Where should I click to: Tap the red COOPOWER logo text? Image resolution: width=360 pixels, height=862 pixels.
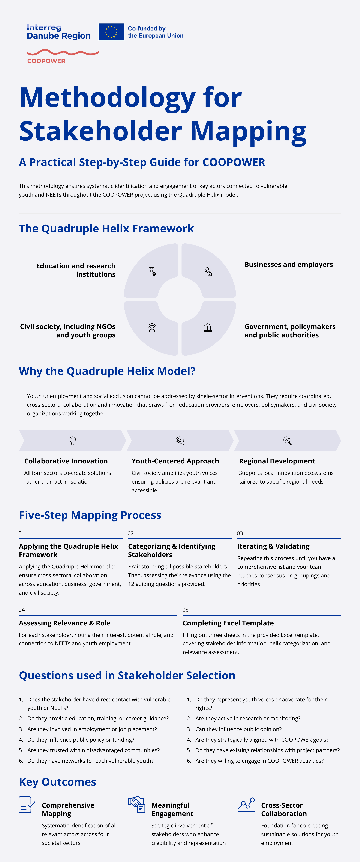click(46, 61)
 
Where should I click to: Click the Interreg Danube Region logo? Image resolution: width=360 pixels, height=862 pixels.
click(58, 32)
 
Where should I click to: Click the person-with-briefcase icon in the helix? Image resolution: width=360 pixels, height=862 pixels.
click(208, 271)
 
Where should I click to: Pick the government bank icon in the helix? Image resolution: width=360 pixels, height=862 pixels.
click(208, 327)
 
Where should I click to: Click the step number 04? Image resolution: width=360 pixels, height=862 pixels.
click(22, 610)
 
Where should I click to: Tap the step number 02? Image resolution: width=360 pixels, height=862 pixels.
click(131, 533)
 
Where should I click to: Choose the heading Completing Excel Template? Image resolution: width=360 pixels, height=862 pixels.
click(228, 623)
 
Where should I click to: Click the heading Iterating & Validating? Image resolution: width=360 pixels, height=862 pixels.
click(273, 546)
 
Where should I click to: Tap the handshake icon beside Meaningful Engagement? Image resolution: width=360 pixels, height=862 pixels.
click(136, 805)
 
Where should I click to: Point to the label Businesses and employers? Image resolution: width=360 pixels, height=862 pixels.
click(288, 264)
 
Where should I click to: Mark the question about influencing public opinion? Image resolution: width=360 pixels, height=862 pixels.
click(238, 729)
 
